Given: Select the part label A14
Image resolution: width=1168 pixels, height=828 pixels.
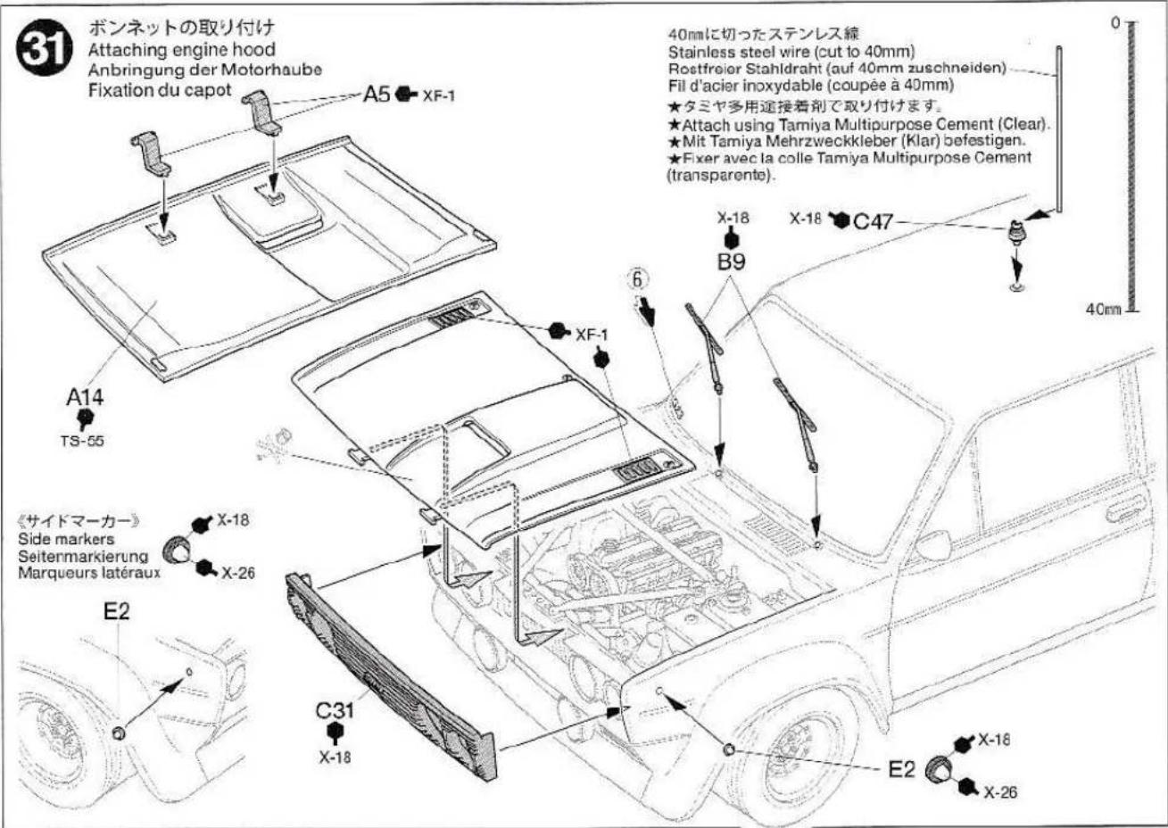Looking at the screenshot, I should coord(85,397).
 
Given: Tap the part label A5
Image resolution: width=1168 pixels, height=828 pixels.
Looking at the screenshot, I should coord(377,94).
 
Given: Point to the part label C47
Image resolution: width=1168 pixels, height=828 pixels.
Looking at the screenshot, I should coord(873,220).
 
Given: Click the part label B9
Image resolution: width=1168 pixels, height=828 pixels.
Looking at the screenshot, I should coord(731,262).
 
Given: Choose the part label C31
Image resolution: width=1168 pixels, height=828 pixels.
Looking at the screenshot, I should coord(335,711).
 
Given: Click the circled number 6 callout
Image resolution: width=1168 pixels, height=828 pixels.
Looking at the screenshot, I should coord(637,279).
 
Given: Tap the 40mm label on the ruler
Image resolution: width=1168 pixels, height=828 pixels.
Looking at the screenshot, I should coord(1103,309).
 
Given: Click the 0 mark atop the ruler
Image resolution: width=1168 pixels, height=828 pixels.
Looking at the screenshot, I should coord(1114,21).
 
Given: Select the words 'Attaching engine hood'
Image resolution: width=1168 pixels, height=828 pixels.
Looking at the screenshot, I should coord(181,51).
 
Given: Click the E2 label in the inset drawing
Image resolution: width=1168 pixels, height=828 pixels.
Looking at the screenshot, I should coord(116,611).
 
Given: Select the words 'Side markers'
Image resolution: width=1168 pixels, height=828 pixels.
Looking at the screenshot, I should coord(65,540).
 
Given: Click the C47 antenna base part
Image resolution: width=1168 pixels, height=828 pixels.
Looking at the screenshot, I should coord(1015,235).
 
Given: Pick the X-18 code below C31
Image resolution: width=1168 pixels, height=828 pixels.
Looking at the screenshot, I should coord(335,757).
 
